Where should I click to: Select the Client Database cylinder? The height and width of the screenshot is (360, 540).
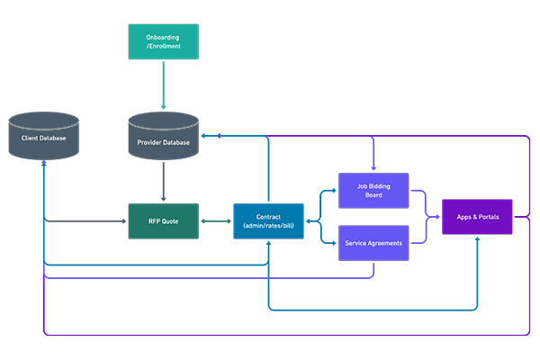click(x=44, y=138)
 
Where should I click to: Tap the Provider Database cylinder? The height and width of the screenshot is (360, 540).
click(x=163, y=139)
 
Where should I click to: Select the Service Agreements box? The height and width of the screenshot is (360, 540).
click(x=373, y=243)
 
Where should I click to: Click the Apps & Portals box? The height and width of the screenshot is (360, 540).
click(x=477, y=217)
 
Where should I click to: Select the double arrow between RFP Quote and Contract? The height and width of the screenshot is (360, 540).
click(x=215, y=220)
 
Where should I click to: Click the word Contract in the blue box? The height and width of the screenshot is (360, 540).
click(x=268, y=217)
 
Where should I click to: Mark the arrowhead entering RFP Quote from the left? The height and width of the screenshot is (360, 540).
click(x=125, y=220)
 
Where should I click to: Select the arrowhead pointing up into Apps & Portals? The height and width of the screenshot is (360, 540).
click(x=477, y=240)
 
